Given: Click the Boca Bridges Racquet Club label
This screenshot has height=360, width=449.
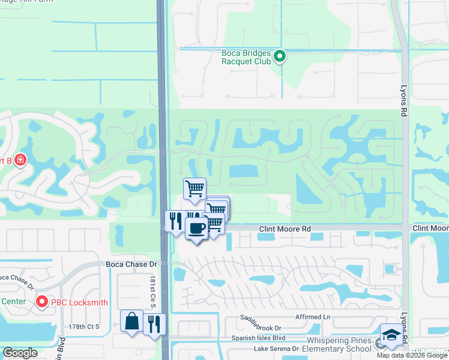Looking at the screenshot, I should click(246, 56).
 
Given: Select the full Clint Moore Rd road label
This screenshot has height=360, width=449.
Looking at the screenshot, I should click(285, 229).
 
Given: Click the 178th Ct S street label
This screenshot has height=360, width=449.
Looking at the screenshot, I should click(83, 326).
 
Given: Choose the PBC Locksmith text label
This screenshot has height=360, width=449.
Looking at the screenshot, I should click(80, 302).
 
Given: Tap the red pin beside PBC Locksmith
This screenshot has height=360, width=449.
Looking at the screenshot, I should click(42, 302).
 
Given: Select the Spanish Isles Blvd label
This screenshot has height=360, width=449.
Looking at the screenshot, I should click(258, 338).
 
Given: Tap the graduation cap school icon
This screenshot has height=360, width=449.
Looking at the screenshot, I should click(391, 335).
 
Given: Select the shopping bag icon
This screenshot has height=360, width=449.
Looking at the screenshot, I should click(131, 321).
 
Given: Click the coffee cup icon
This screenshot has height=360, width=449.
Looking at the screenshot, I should click(197, 228).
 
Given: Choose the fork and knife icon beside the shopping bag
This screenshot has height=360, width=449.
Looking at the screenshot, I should click(155, 324).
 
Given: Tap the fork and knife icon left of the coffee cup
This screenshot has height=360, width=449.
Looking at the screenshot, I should click(175, 221).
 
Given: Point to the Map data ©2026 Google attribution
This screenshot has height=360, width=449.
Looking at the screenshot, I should click(412, 355).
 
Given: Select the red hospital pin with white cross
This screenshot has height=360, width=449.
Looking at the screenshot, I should click(20, 160).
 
